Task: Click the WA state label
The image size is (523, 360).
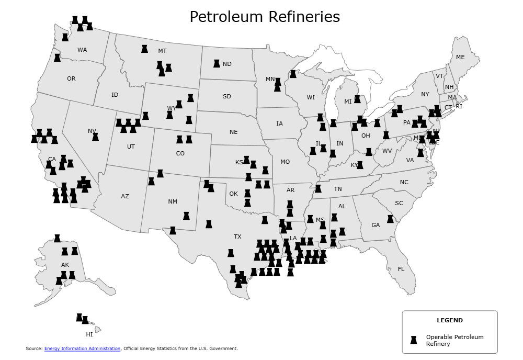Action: coord(82,50)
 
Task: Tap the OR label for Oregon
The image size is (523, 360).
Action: coord(71,79)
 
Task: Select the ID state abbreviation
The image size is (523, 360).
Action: coord(115,95)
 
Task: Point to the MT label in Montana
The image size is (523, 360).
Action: coord(162,51)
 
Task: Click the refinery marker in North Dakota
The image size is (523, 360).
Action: coord(217,63)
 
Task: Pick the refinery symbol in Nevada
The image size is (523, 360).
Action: coord(96,137)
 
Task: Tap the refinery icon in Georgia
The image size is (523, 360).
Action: coord(390,219)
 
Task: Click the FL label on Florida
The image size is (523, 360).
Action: coord(401,269)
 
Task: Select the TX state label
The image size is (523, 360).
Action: coord(237,237)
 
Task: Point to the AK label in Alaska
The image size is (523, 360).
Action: coord(65,265)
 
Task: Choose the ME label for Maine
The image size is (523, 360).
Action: coord(460,58)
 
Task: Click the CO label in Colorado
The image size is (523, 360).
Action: coord(180,154)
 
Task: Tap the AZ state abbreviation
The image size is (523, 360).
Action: coord(125,197)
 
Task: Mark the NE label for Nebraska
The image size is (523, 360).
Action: coord(233,132)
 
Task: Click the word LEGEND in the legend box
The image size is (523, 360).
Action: coord(449,320)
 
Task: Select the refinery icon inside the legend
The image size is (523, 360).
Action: coord(414,340)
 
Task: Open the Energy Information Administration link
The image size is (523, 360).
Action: coord(82,348)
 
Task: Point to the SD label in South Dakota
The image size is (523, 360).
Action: coord(226,97)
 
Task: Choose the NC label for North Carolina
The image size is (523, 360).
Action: coord(404,183)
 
